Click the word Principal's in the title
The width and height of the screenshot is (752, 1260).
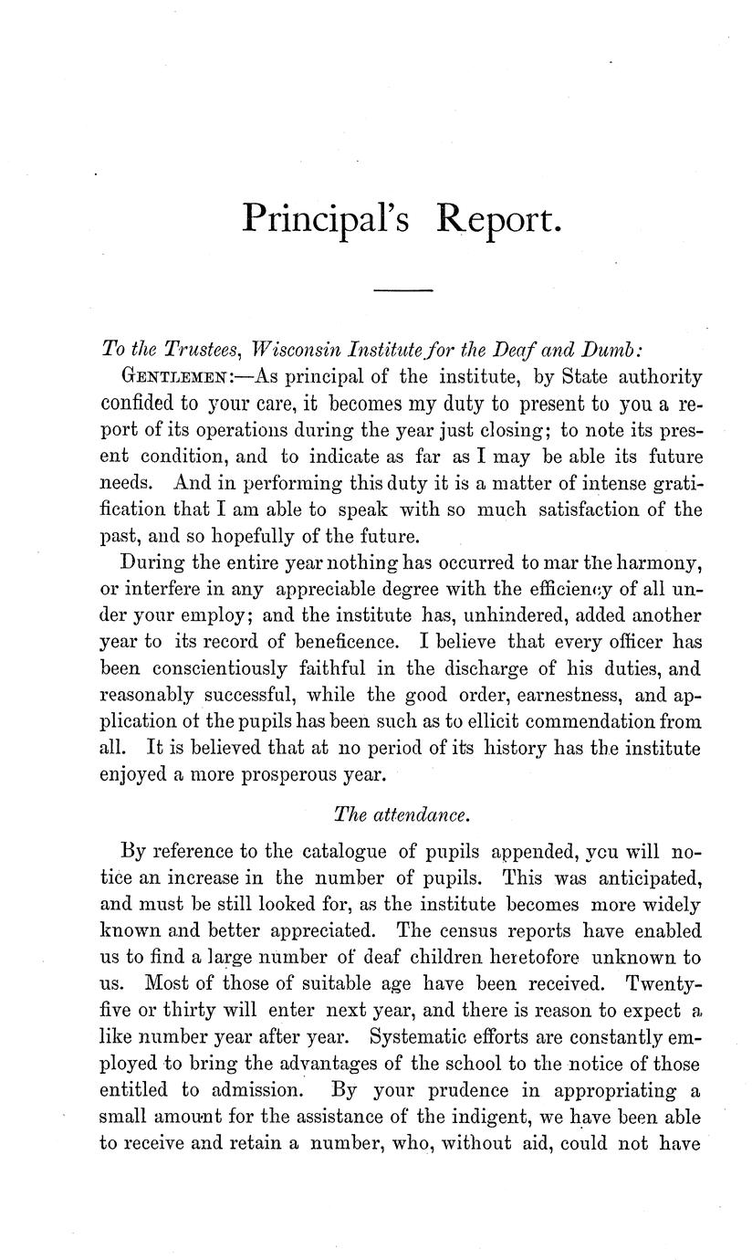pyautogui.click(x=325, y=220)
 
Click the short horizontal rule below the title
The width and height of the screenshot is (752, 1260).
pyautogui.click(x=402, y=290)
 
